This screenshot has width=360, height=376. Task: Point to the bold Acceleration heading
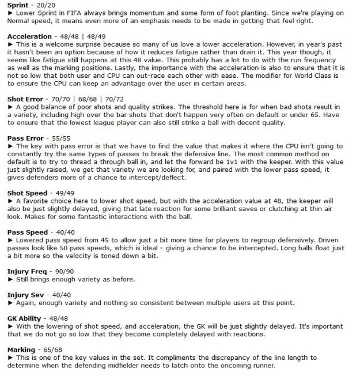(x=29, y=36)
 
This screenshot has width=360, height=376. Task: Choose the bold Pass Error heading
(x=25, y=139)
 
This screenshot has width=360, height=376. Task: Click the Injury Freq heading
(x=26, y=270)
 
